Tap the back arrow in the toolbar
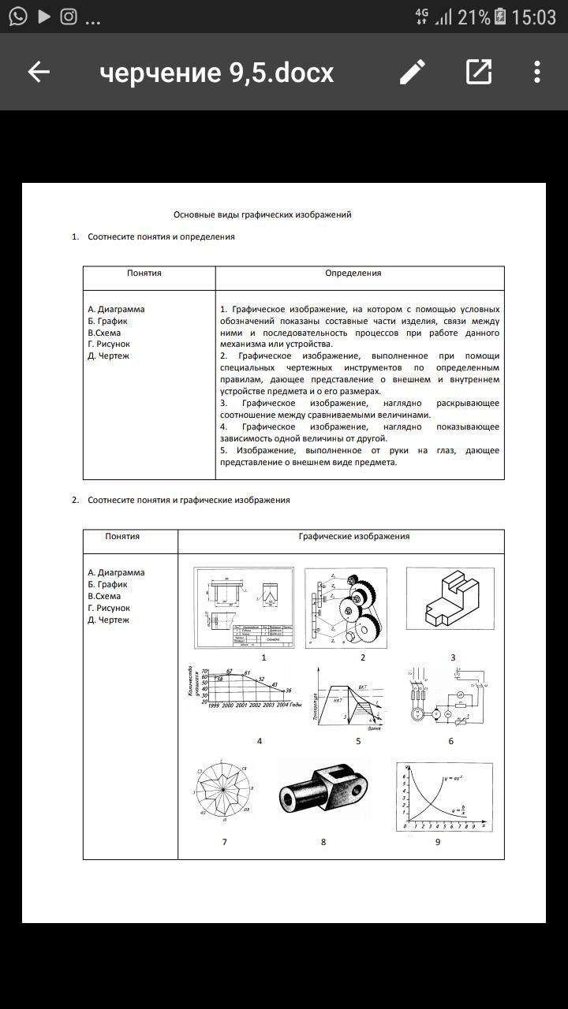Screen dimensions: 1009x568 39,73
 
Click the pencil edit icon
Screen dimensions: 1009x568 412,73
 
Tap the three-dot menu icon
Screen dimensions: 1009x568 537,73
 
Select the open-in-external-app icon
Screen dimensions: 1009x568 478,73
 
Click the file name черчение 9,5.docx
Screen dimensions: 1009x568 217,73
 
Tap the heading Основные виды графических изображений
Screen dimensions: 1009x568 262,214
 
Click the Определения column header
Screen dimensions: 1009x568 353,274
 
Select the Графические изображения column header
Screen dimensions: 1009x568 353,537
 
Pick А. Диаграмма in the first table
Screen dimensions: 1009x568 116,310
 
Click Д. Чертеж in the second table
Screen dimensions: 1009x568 108,620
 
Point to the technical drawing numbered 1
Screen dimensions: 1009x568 244,608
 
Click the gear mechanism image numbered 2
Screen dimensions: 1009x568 346,608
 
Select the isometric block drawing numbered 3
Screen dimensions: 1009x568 450,599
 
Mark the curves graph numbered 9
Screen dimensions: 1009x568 443,796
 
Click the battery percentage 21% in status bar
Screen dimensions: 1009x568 473,17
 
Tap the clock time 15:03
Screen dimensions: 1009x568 533,17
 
